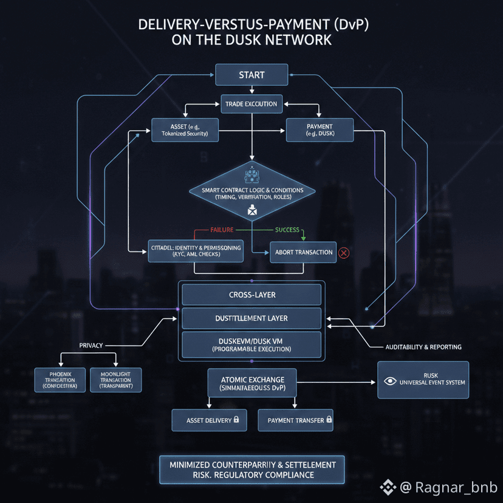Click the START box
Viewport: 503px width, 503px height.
[x=251, y=75]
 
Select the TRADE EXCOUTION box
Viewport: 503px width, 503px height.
[x=251, y=104]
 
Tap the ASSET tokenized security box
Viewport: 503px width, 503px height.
[x=185, y=129]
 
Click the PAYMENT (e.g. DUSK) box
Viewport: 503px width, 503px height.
[x=320, y=129]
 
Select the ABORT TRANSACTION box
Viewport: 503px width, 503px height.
[x=304, y=252]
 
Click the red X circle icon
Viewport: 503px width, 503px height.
[x=344, y=252]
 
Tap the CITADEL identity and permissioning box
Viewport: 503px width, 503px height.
[x=196, y=251]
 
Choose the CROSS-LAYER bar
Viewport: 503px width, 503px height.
[x=251, y=295]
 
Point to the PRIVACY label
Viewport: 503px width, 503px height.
[x=91, y=345]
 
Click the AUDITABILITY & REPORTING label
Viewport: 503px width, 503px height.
[x=423, y=347]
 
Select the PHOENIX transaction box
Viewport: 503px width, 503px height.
[x=60, y=380]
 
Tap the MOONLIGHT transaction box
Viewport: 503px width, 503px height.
[x=115, y=380]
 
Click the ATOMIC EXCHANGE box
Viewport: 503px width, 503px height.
[x=251, y=384]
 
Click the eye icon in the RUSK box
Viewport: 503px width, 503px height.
[x=391, y=382]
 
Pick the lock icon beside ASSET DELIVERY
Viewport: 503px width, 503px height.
[x=236, y=419]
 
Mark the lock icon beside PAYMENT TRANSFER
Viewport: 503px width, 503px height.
[x=329, y=419]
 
